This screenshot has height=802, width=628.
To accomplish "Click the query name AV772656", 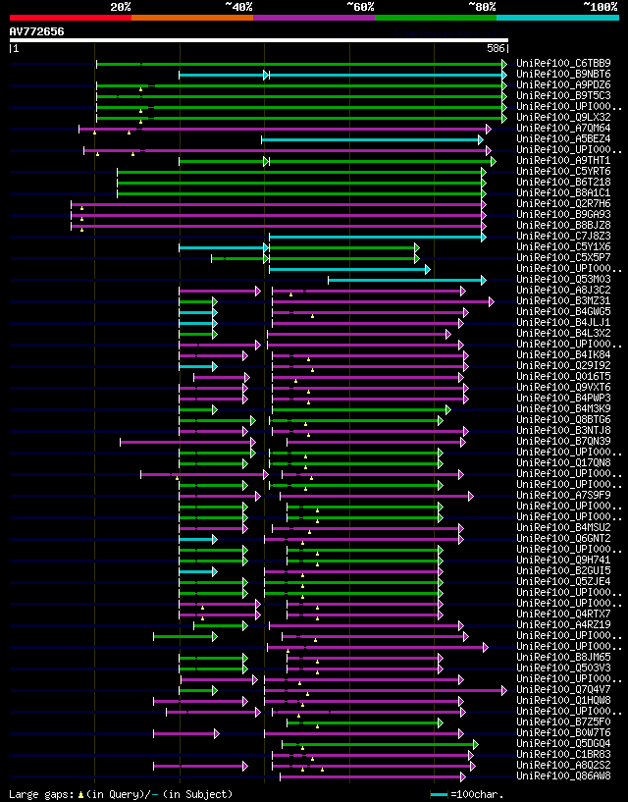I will [36, 31].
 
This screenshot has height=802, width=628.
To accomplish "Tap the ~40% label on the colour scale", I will [238, 7].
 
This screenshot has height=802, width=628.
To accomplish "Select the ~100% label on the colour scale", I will [600, 7].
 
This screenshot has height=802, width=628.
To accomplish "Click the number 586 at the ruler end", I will [496, 48].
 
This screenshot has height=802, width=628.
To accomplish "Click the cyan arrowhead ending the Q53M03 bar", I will [483, 280].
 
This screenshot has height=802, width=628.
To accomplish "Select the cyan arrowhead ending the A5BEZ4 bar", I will [480, 139].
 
